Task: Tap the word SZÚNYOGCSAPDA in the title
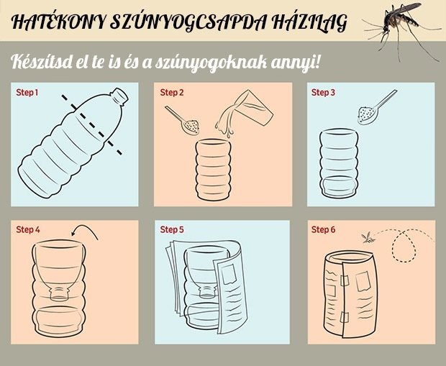[188, 22]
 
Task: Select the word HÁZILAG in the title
[309, 22]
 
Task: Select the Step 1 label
[27, 93]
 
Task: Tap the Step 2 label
[172, 93]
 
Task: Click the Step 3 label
[323, 93]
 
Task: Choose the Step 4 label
[28, 229]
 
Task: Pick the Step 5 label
[172, 229]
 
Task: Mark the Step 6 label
[324, 229]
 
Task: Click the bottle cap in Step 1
[119, 96]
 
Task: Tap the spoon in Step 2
[182, 120]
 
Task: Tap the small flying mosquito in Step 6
[368, 238]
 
